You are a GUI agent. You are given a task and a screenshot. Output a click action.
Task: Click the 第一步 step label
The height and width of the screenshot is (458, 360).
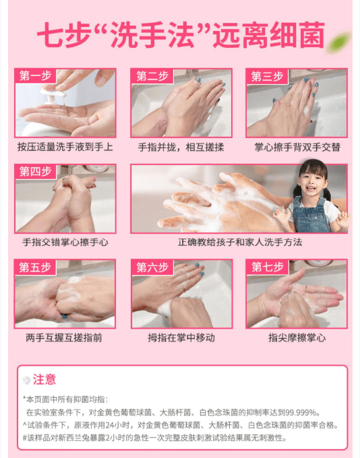(x=35, y=75)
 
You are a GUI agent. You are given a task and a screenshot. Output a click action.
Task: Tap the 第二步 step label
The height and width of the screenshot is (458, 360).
(x=152, y=75)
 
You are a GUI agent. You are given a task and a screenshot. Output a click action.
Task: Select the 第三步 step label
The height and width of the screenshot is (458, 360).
(x=267, y=76)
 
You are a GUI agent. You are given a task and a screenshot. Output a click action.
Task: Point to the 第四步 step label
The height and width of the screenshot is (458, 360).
(x=35, y=172)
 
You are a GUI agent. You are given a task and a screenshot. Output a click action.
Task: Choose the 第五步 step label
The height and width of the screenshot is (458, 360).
(x=35, y=267)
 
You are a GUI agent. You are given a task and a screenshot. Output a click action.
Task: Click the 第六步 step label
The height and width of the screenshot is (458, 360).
(x=152, y=267)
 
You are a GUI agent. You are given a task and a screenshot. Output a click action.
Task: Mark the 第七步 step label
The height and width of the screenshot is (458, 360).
(x=267, y=267)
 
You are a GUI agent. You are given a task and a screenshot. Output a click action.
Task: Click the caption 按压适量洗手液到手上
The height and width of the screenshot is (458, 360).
(x=65, y=147)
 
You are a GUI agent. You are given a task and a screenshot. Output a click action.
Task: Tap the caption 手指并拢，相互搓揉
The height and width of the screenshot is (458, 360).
(x=181, y=148)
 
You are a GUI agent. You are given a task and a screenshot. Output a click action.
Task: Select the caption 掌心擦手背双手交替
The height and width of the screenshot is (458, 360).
(x=297, y=147)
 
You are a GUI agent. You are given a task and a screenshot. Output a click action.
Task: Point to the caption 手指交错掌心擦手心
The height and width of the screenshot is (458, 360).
(x=65, y=242)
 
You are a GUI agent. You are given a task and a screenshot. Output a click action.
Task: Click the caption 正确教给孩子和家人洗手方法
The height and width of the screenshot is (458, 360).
(x=240, y=242)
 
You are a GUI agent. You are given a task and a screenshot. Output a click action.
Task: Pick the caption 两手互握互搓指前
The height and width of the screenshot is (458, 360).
(x=64, y=337)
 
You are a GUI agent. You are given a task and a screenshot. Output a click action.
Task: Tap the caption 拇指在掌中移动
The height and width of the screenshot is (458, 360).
(x=181, y=337)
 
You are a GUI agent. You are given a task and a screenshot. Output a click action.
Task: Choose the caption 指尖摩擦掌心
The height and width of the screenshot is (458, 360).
(x=297, y=337)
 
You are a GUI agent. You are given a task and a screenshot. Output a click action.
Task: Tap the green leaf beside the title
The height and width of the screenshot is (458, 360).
(x=339, y=42)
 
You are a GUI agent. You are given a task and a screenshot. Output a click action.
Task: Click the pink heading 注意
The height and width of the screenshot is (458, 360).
(x=44, y=379)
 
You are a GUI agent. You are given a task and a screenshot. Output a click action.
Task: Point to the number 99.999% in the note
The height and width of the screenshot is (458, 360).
(x=301, y=412)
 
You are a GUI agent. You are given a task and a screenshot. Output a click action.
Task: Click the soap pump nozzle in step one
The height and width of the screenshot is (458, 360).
(x=54, y=94)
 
